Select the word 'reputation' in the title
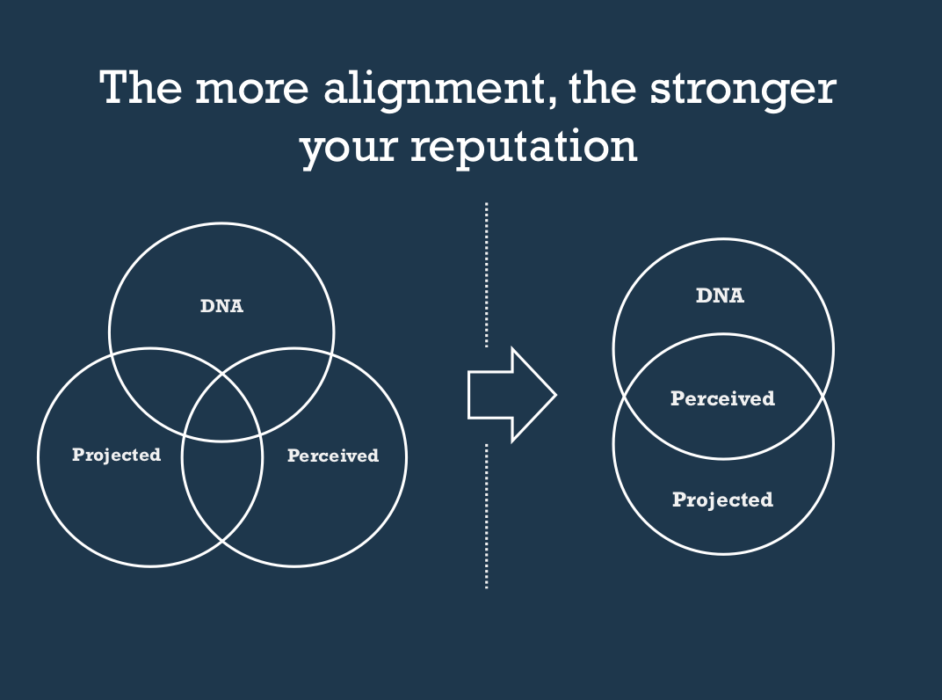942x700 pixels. (x=524, y=145)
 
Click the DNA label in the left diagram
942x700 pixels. (x=221, y=307)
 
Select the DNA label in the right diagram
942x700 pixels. (x=720, y=296)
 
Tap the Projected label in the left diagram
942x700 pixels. (x=116, y=455)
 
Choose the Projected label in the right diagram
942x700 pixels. (x=722, y=500)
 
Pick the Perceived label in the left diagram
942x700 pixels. (x=333, y=456)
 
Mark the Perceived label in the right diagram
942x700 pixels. (x=722, y=398)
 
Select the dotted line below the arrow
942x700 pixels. (x=486, y=514)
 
